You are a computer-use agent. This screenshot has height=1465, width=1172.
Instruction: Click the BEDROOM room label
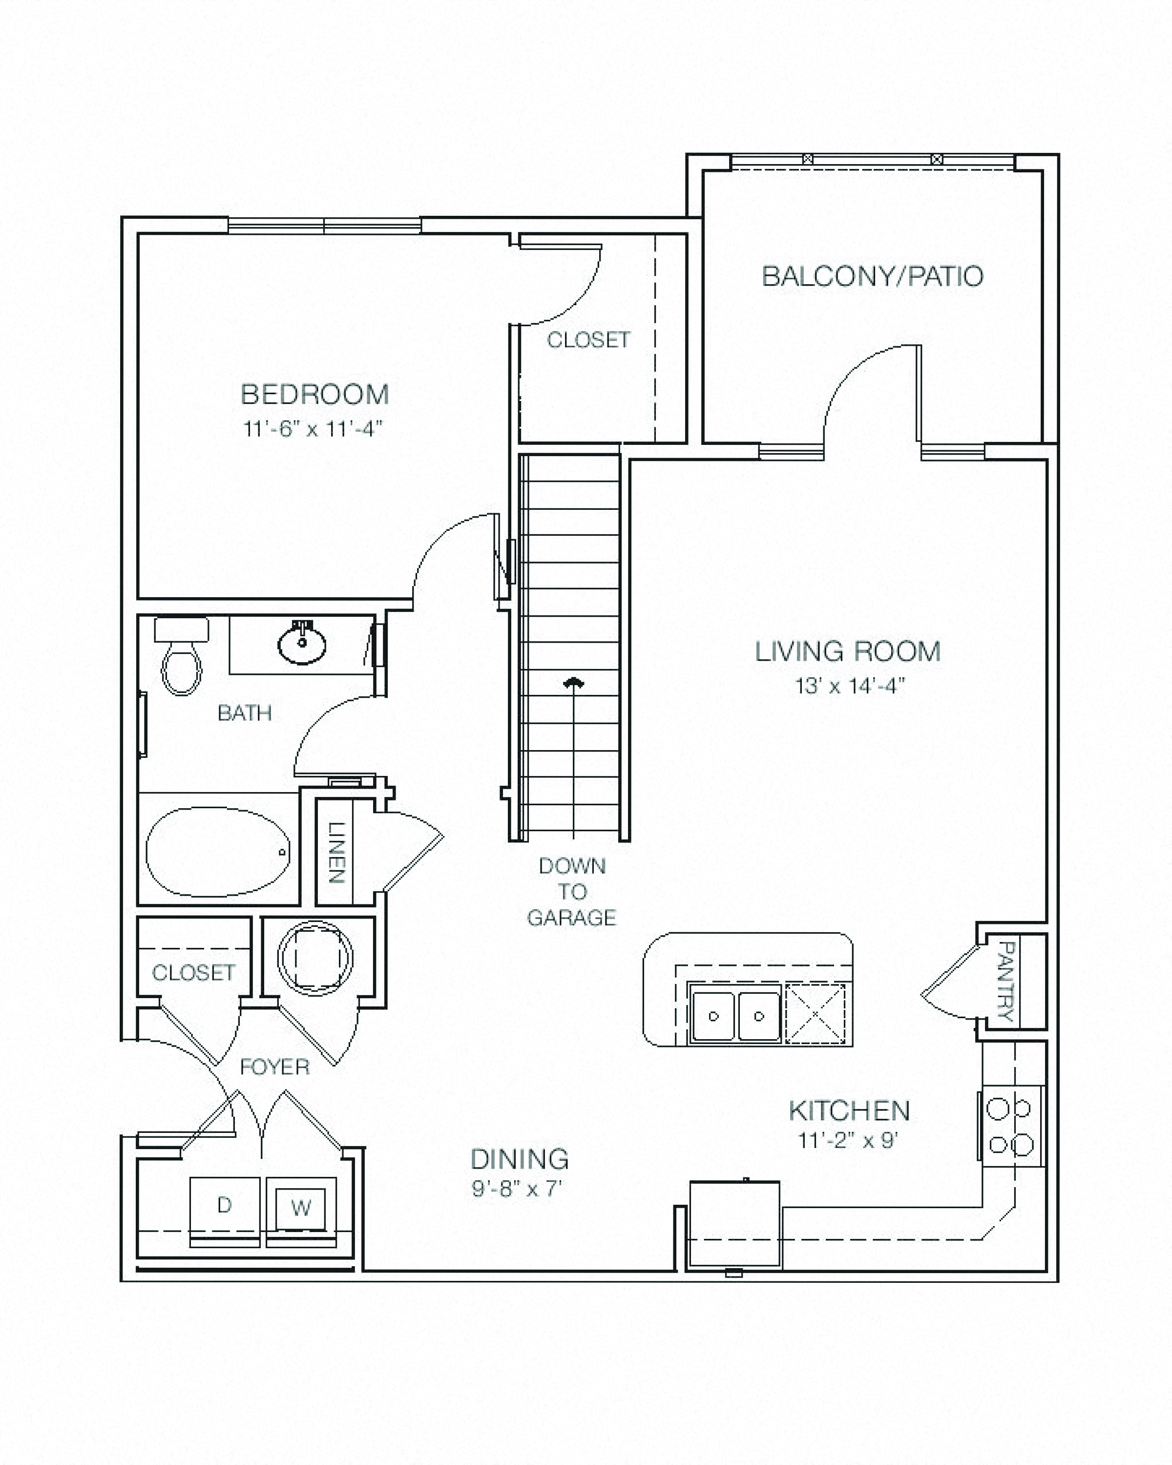pos(314,394)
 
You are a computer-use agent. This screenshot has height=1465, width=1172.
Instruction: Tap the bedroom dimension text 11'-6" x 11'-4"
pos(313,429)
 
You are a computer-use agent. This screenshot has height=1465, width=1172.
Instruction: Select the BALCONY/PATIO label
pos(872,276)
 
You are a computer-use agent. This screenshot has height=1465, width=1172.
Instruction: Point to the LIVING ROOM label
pos(848,651)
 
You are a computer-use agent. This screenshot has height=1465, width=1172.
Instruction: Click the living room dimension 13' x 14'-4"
pos(850,686)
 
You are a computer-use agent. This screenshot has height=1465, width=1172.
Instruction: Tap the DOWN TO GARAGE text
pos(572,892)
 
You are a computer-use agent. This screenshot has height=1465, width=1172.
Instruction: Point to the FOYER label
pos(275,1067)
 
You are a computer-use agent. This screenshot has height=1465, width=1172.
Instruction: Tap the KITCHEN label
pos(849,1111)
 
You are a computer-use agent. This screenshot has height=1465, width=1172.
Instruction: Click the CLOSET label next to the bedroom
pos(589,340)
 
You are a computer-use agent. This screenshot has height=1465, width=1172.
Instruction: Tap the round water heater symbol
pos(315,958)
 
